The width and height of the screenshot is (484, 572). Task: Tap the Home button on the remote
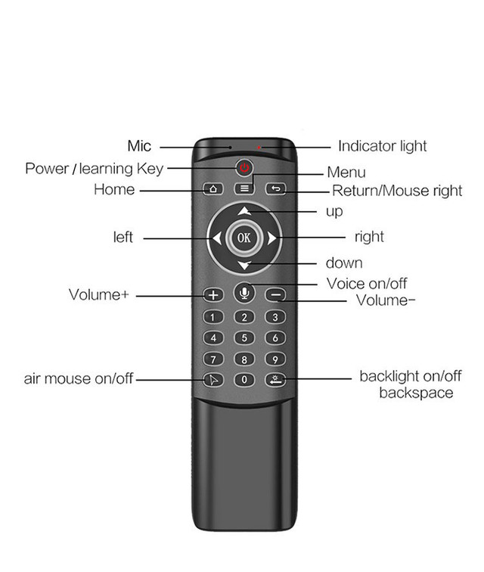213,188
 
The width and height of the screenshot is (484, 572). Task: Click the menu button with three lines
244,188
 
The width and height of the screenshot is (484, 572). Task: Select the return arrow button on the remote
276,188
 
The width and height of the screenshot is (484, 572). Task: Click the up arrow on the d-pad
244,211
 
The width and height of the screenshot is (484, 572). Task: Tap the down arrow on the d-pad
244,266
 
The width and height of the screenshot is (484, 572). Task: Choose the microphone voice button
244,293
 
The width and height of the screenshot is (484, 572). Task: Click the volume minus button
276,295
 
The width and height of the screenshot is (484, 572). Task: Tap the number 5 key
244,337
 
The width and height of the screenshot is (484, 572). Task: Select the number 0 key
244,380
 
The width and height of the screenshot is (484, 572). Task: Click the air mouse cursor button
213,380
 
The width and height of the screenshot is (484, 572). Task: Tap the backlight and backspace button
275,380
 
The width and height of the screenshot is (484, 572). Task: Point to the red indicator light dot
259,148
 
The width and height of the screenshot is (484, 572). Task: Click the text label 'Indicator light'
382,146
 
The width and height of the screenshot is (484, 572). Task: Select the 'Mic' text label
139,146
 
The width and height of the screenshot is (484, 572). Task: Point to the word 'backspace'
416,393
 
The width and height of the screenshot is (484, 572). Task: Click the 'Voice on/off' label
367,284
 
